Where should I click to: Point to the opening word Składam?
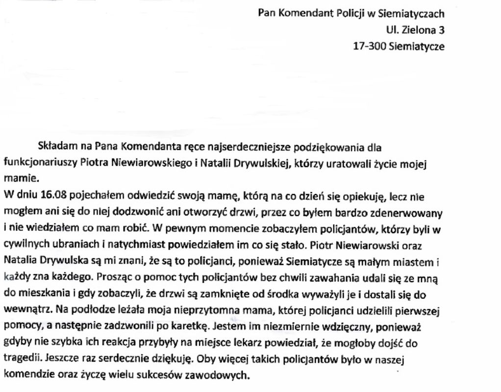53,147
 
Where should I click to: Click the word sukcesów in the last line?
169,375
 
